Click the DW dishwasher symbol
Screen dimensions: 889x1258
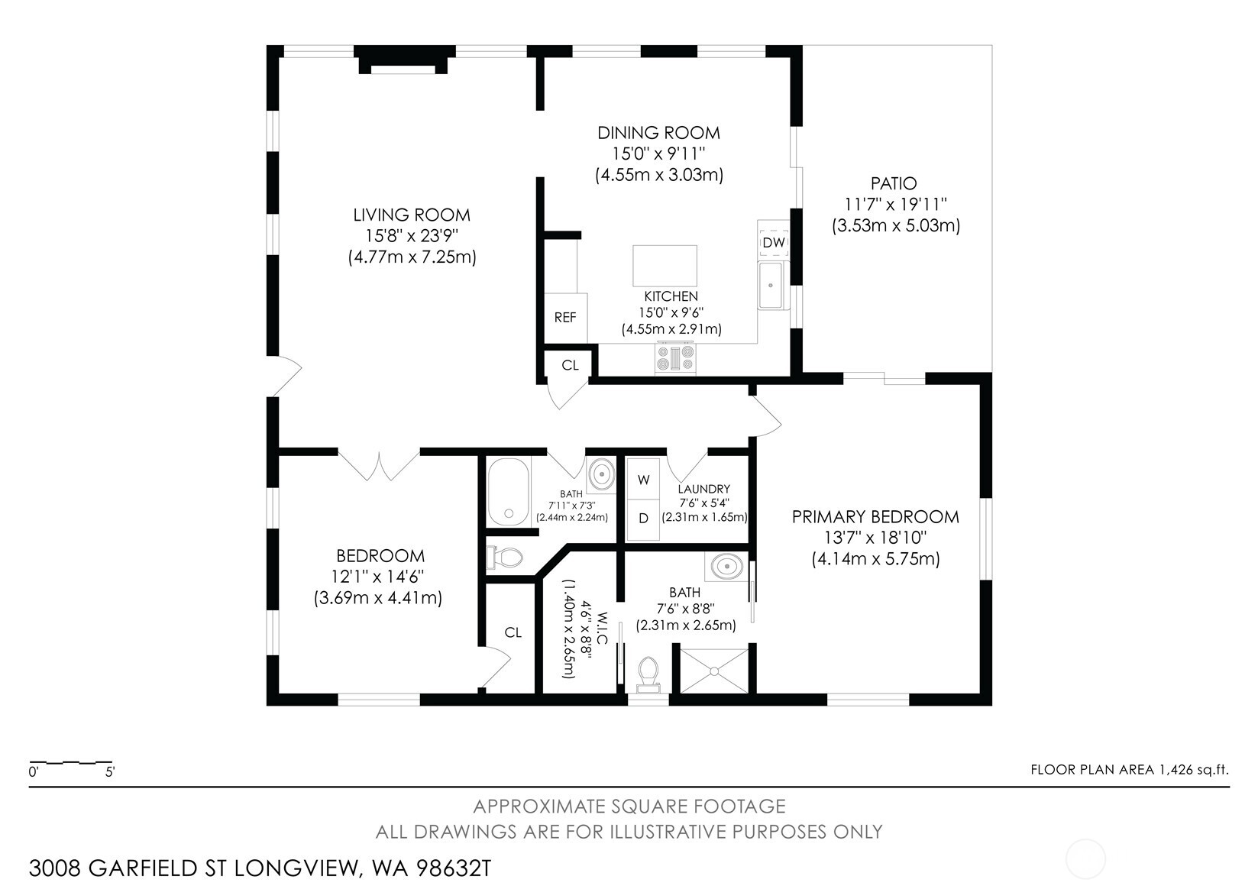(774, 242)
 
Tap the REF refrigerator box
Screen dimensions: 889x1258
(565, 318)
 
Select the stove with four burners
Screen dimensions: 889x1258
(676, 358)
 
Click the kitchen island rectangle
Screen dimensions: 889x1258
(665, 265)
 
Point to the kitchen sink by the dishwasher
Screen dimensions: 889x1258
(771, 286)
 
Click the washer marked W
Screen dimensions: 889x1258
(644, 480)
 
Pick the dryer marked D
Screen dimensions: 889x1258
(644, 519)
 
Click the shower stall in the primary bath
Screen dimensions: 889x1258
(714, 671)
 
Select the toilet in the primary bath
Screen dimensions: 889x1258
(648, 674)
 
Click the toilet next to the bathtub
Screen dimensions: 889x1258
(505, 558)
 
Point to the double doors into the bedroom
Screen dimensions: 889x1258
(380, 465)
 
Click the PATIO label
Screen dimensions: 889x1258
(894, 184)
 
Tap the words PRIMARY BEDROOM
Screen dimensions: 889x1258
(875, 517)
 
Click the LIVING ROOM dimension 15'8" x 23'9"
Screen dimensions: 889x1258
(412, 236)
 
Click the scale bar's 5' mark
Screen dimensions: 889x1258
(110, 772)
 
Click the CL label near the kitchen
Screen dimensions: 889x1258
(570, 365)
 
